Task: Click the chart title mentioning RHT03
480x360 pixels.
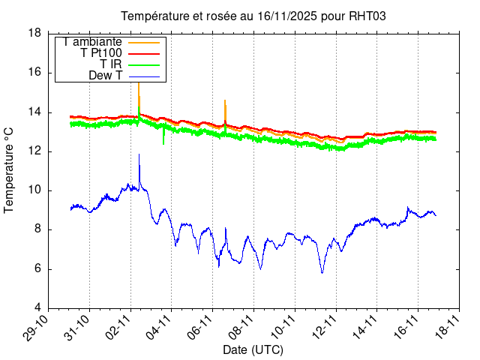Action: click(253, 16)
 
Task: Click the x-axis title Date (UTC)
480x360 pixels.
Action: click(253, 349)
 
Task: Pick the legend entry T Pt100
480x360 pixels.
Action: click(101, 53)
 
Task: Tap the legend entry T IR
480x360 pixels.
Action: click(111, 64)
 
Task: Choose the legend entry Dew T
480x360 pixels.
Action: click(105, 76)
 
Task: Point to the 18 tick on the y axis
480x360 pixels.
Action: click(34, 34)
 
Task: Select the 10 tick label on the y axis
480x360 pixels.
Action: click(34, 190)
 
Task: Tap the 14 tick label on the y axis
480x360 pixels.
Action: click(34, 112)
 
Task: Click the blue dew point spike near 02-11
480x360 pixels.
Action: click(139, 156)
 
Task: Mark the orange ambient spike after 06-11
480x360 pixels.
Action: click(225, 101)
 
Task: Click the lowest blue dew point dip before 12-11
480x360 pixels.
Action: click(322, 271)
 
